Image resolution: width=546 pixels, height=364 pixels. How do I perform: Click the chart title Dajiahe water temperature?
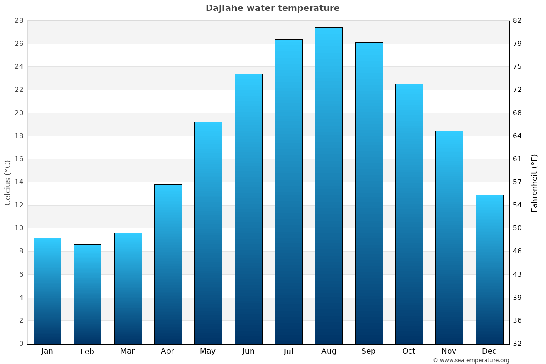(273, 8)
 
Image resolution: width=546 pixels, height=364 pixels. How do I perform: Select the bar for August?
(329, 186)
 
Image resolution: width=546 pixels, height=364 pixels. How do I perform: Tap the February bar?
(87, 294)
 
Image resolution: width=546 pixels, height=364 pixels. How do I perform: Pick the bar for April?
(168, 264)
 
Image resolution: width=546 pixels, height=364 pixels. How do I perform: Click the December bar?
(490, 269)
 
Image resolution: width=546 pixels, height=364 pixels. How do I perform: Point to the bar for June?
(248, 208)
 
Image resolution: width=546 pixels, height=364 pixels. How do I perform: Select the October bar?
(409, 213)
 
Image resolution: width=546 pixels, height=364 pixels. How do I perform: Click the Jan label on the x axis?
(47, 351)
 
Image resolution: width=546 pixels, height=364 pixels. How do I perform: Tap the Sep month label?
(369, 351)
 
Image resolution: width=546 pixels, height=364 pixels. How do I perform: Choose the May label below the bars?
(208, 351)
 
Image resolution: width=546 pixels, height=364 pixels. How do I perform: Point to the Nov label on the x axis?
(449, 351)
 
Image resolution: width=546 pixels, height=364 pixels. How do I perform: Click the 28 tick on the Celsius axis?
(19, 21)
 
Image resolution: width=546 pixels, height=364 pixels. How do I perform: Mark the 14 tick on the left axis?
(19, 182)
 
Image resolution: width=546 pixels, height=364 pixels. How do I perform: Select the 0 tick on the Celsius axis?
(21, 344)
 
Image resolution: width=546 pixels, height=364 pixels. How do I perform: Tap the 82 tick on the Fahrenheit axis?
(517, 21)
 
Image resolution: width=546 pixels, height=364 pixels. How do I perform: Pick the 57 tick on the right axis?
(517, 182)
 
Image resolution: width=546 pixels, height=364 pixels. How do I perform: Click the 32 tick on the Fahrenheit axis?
(517, 344)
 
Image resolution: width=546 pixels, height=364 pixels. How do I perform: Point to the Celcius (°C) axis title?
(8, 182)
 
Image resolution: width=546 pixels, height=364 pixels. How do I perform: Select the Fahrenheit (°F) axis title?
(535, 182)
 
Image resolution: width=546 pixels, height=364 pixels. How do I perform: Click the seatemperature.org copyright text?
(471, 360)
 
